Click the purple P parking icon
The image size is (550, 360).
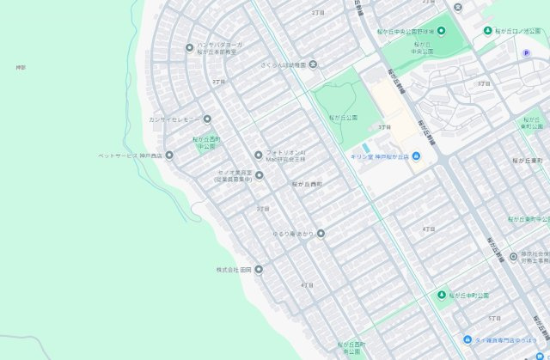(527, 53)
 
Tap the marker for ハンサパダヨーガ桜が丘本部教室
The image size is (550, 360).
(189, 47)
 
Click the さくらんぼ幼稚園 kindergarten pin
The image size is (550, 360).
(313, 64)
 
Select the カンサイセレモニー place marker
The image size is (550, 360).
(206, 119)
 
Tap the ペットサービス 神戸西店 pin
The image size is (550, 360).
(169, 156)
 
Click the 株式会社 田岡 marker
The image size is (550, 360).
(259, 269)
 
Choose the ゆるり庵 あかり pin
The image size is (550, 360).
(321, 233)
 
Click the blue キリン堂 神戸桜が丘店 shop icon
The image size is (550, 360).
(416, 156)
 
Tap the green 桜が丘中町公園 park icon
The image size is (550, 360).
(442, 295)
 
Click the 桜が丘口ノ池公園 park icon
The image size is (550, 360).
(488, 31)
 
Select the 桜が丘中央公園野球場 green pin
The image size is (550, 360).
(441, 31)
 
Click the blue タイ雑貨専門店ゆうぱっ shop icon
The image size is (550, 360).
(467, 339)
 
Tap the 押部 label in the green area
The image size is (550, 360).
(21, 67)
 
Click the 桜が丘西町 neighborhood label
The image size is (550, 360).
(307, 184)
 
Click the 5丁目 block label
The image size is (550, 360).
(494, 319)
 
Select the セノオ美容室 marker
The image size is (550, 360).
(259, 174)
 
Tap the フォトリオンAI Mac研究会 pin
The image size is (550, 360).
(259, 156)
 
